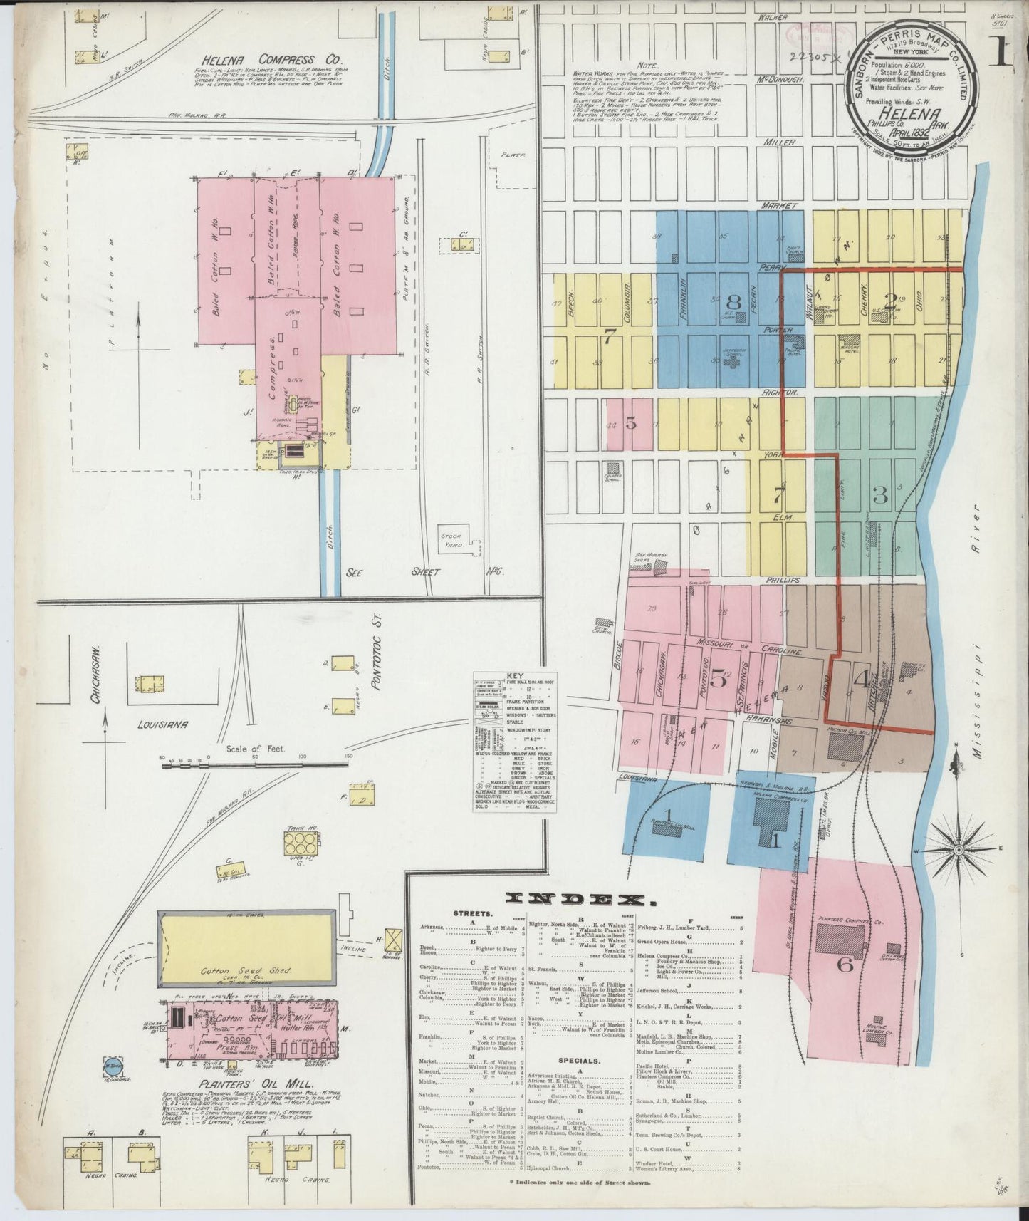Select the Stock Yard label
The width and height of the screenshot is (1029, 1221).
pyautogui.click(x=452, y=540)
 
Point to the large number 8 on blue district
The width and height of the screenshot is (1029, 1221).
pyautogui.click(x=733, y=302)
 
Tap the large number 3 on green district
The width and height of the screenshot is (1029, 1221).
pyautogui.click(x=881, y=494)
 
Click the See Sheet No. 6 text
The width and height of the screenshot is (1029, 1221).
pyautogui.click(x=407, y=571)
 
